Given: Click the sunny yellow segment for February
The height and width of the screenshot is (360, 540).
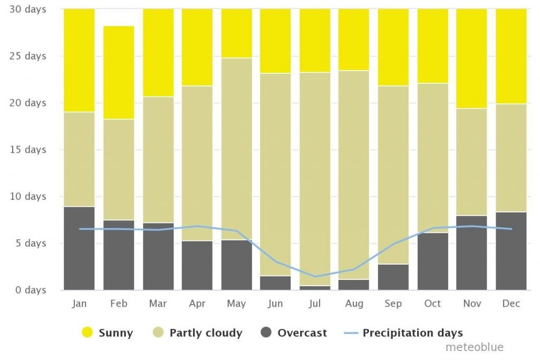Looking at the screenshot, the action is tap(119, 73).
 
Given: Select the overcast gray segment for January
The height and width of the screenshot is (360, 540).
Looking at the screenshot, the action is tap(79, 248).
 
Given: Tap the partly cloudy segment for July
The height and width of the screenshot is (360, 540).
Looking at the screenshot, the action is tap(315, 179).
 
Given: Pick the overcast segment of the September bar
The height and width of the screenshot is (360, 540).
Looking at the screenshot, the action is tap(393, 277).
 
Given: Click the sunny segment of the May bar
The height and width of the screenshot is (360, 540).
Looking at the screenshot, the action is tap(237, 33).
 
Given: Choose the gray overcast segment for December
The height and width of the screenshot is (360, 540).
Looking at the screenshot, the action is tap(511, 251).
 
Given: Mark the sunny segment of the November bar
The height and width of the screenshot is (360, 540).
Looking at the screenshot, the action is tap(471, 59).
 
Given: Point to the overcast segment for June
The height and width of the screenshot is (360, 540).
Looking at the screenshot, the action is tap(275, 283).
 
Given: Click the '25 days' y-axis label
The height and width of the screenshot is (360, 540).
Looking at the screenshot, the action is tap(27, 56).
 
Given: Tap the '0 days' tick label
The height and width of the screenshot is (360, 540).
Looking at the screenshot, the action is tap(31, 290).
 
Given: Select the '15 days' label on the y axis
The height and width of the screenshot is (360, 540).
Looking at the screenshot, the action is tap(27, 149).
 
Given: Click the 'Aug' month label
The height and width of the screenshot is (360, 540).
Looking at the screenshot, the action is tap(354, 304).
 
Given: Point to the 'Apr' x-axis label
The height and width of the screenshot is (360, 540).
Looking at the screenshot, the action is tap(197, 304).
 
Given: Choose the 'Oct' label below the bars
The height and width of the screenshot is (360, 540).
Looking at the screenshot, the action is tap(432, 303).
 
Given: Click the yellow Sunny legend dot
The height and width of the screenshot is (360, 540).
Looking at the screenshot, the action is tap(87, 332).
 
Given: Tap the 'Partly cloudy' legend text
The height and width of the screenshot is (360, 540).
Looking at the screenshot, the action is tap(206, 333).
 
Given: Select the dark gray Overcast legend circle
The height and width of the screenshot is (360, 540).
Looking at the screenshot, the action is tap(266, 332).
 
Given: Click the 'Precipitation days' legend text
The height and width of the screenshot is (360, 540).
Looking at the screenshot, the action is tap(412, 333).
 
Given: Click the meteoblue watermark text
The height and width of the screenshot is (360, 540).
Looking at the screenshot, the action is tap(475, 347).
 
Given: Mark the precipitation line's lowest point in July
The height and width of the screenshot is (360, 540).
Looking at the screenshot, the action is tap(315, 276).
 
